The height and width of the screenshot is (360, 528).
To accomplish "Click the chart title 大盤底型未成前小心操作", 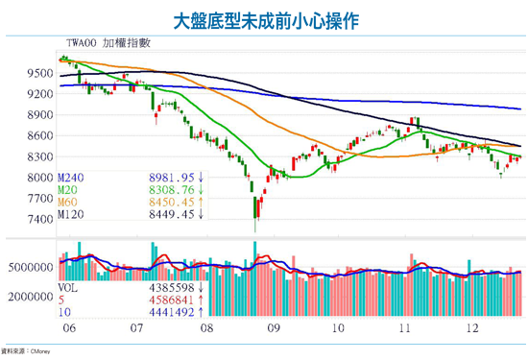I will (x=264, y=19).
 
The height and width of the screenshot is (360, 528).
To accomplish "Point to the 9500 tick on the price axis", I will (x=39, y=73).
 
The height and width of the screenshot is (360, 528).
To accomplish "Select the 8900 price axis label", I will (x=39, y=114).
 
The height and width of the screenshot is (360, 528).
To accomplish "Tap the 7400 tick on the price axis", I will (x=39, y=220).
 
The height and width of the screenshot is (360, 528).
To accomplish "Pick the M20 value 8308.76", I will (x=172, y=190).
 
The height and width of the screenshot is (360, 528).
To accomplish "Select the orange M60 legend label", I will (x=70, y=203).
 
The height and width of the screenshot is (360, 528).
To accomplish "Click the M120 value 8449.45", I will (x=172, y=215).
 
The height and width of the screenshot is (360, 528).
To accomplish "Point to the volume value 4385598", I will (x=172, y=286).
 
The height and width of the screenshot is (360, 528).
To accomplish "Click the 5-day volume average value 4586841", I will (x=172, y=299).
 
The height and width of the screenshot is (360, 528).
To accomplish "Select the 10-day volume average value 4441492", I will (x=172, y=311).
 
